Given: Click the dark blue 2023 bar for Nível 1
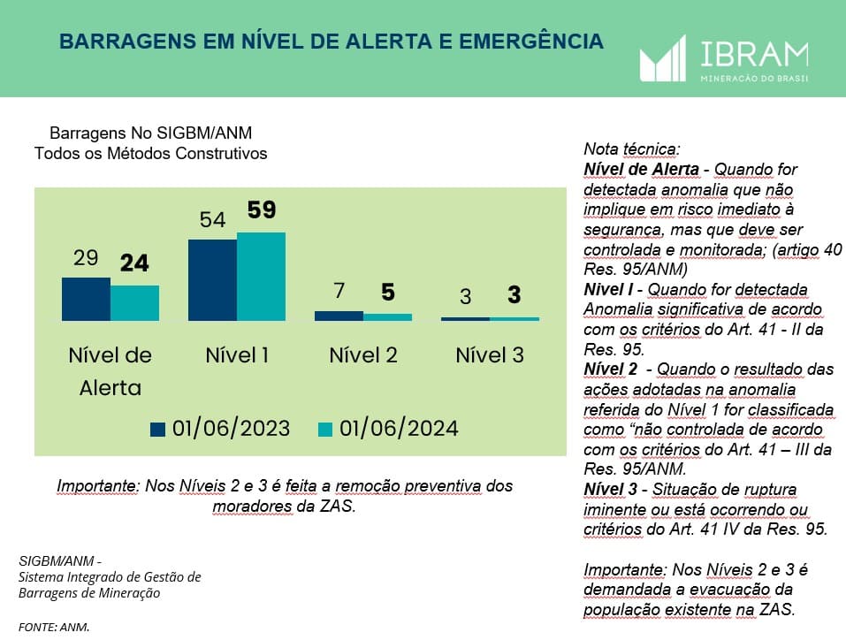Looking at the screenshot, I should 212,279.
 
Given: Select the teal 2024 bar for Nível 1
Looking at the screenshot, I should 261,276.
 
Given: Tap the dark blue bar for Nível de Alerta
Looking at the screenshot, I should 86,299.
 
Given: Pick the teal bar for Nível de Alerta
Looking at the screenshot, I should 134,302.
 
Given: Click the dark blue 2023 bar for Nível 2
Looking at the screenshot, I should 339,316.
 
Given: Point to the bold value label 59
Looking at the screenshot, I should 262,210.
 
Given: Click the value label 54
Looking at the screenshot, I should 212,220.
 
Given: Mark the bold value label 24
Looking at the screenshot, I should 134,263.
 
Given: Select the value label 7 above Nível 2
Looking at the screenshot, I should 339,291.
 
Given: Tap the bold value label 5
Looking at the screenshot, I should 387,291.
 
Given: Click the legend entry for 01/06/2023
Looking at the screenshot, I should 220,429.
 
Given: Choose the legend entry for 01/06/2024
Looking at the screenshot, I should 387,429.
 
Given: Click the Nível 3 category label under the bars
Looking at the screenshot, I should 490,355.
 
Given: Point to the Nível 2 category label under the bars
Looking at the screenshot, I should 362,355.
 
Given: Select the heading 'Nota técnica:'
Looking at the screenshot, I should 630,149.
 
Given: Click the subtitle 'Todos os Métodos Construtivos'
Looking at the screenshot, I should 150,153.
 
